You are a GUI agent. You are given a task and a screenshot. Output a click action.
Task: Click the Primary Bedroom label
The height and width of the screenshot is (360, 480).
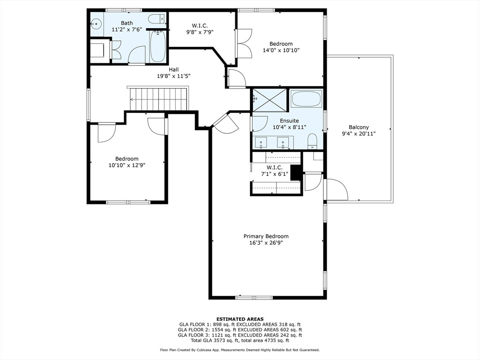[266, 236]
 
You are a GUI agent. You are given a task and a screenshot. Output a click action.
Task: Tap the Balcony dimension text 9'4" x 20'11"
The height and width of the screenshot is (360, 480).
[359, 134]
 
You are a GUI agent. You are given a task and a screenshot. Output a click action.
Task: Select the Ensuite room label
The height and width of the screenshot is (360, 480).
[289, 120]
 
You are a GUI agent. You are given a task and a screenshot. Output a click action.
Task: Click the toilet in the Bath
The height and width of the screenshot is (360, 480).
[157, 19]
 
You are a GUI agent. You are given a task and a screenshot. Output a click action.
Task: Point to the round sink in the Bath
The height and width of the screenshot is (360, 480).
[97, 23]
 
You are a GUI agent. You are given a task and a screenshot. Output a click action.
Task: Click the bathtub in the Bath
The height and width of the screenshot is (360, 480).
[158, 46]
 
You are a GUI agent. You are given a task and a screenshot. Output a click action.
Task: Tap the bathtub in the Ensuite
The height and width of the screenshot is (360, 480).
[306, 98]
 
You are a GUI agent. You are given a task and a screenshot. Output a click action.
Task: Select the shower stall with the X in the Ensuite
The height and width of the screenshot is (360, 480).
[270, 100]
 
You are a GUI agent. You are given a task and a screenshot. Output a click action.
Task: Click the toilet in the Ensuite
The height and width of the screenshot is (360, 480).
[312, 141]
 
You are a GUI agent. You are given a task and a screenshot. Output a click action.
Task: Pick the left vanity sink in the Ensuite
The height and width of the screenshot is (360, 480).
[261, 142]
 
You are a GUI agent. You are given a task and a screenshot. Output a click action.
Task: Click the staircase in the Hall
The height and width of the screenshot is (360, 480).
[158, 98]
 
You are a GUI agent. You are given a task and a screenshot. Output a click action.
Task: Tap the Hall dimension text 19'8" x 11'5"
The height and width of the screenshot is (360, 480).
[173, 76]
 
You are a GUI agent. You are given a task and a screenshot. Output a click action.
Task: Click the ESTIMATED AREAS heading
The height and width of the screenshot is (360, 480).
[240, 319]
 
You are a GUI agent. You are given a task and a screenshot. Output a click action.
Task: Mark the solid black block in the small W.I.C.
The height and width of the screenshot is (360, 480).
[296, 172]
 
